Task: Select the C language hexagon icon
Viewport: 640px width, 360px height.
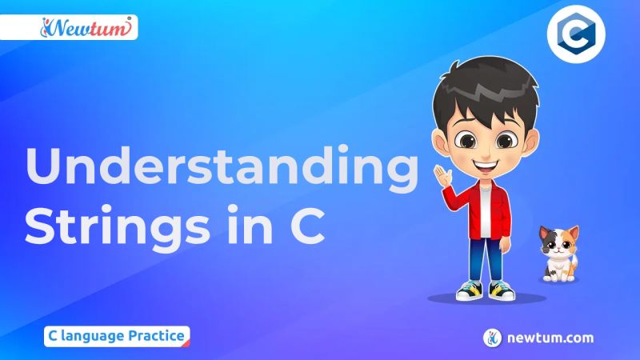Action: (x=575, y=37)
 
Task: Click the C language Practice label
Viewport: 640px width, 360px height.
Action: (x=117, y=335)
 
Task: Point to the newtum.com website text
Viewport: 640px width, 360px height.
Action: (x=550, y=338)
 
